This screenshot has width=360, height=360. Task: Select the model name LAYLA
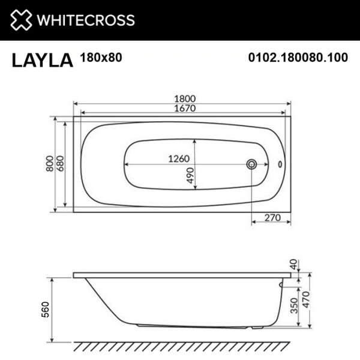[41, 60]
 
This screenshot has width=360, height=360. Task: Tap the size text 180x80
[98, 58]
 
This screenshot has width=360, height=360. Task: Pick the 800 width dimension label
[49, 164]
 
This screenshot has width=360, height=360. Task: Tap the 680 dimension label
[61, 164]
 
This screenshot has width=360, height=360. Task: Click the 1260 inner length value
[178, 159]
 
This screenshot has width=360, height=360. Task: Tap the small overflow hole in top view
[279, 164]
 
